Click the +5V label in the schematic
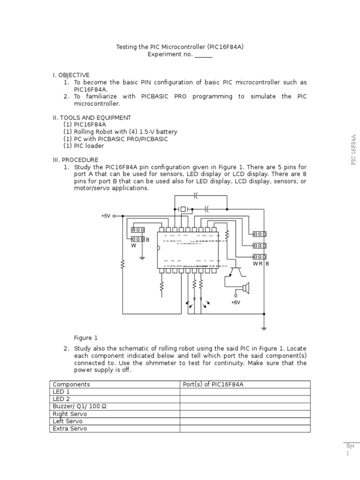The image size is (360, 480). point(105,216)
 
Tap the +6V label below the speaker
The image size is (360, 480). point(235,302)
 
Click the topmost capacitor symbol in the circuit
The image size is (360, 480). point(196,195)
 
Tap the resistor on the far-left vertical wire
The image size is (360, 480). point(123,265)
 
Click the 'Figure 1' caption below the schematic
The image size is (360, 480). point(86,337)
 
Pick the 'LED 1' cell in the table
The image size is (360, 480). point(61,392)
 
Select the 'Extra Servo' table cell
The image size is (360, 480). point(70,428)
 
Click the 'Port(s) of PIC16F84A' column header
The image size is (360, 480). point(213,384)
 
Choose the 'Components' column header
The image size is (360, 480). point(71,384)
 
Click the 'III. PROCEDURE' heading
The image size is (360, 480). point(75,160)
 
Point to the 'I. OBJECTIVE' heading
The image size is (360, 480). point(71,75)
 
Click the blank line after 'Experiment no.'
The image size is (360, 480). point(203,54)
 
